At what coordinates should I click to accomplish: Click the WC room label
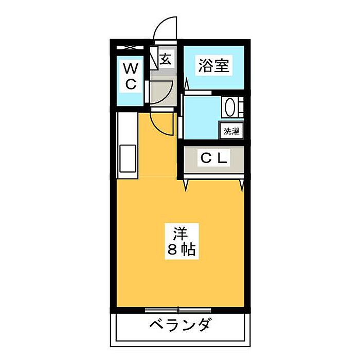coord(131,76)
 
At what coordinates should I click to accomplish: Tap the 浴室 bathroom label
coord(214,66)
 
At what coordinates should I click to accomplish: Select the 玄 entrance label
coord(166,59)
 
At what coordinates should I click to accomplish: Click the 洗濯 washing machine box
coord(231,131)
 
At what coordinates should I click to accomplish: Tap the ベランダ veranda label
coord(181,326)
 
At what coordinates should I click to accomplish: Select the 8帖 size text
coord(180,250)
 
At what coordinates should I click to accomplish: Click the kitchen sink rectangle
coord(127,159)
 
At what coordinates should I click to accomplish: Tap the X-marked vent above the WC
coord(131,48)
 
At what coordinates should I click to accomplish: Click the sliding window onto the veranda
coord(178,310)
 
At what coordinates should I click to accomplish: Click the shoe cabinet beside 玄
coord(153,58)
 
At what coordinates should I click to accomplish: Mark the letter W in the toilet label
coord(131,67)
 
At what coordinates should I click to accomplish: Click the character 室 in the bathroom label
coord(222,66)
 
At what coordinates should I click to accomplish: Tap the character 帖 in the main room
coord(188,250)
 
